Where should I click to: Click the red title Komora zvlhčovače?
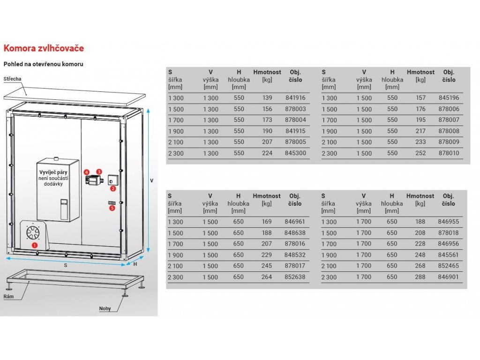tap(44, 48)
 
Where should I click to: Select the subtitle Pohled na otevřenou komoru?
tap(43, 64)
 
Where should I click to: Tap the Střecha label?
tap(12, 79)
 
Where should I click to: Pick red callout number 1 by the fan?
tap(35, 244)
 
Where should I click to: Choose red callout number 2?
tap(112, 188)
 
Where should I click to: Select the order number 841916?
tap(295, 98)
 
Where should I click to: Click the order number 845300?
tap(295, 153)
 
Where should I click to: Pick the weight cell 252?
tap(420, 153)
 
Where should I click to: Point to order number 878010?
tap(449, 153)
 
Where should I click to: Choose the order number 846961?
tap(295, 222)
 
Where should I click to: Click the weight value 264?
tap(266, 277)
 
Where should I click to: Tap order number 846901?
tap(449, 277)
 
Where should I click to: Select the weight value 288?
tap(420, 277)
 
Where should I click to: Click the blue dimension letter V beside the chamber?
tap(151, 180)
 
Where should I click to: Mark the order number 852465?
tap(449, 266)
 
